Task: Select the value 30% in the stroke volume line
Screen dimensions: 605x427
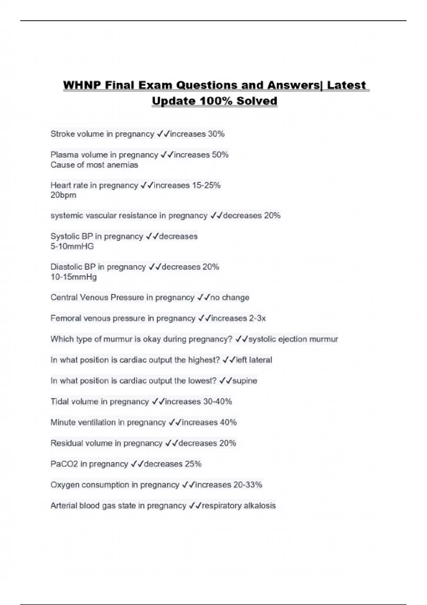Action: point(216,134)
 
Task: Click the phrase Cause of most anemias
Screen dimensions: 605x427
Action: point(94,165)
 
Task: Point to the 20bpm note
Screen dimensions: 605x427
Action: point(63,195)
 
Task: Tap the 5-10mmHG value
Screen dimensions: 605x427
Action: point(72,246)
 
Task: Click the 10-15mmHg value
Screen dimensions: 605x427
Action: point(74,277)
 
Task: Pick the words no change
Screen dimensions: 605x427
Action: point(230,298)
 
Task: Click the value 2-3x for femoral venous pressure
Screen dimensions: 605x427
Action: point(257,318)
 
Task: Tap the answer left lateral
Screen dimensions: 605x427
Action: point(254,360)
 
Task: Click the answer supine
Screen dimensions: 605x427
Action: point(245,381)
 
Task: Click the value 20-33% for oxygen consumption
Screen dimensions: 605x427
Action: point(248,485)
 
